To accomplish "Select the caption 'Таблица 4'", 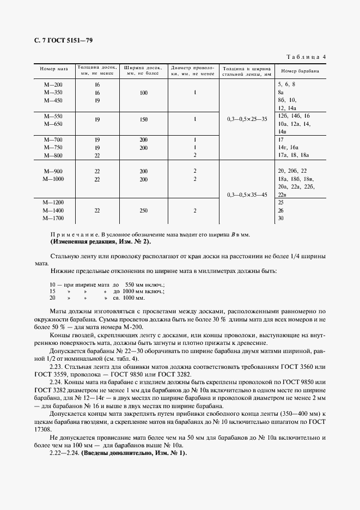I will [x=306, y=57].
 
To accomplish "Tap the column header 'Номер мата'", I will [x=53, y=70].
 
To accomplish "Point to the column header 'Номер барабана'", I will [x=300, y=71].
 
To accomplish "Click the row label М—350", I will [x=53, y=93].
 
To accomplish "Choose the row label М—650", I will [x=53, y=124].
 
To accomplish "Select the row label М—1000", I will [x=53, y=179].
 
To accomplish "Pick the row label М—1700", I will [x=53, y=218].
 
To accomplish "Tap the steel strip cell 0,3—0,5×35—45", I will [x=246, y=195].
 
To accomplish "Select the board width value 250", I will [x=143, y=210].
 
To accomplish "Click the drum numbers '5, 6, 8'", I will [x=286, y=85].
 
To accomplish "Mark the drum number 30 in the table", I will [x=281, y=218].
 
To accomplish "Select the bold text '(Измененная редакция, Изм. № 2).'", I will [x=101, y=241].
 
